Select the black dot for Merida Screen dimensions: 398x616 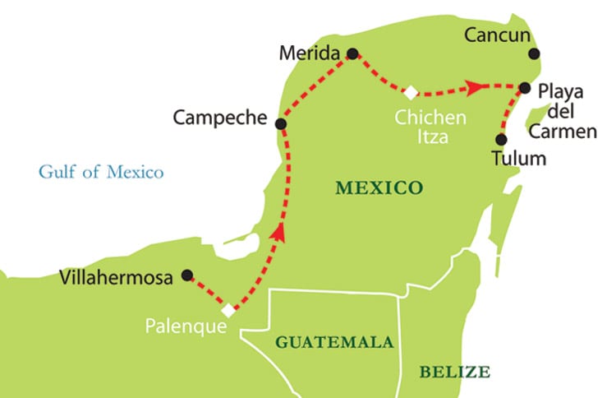pyautogui.click(x=353, y=54)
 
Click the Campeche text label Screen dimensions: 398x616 pyautogui.click(x=220, y=118)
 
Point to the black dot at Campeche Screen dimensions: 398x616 pyautogui.click(x=281, y=124)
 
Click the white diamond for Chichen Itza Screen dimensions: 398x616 pyautogui.click(x=410, y=92)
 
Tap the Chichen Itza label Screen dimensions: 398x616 pyautogui.click(x=430, y=127)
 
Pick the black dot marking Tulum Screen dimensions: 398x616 pyautogui.click(x=501, y=140)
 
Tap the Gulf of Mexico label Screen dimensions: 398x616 pyautogui.click(x=101, y=172)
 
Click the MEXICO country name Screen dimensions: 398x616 pyautogui.click(x=379, y=188)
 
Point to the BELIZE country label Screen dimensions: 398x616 pyautogui.click(x=454, y=371)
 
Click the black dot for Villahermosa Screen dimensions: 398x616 pyautogui.click(x=187, y=275)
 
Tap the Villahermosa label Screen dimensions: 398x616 pyautogui.click(x=117, y=278)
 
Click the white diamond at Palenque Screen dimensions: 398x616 pyautogui.click(x=229, y=311)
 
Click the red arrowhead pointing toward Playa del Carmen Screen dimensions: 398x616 pyautogui.click(x=474, y=86)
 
